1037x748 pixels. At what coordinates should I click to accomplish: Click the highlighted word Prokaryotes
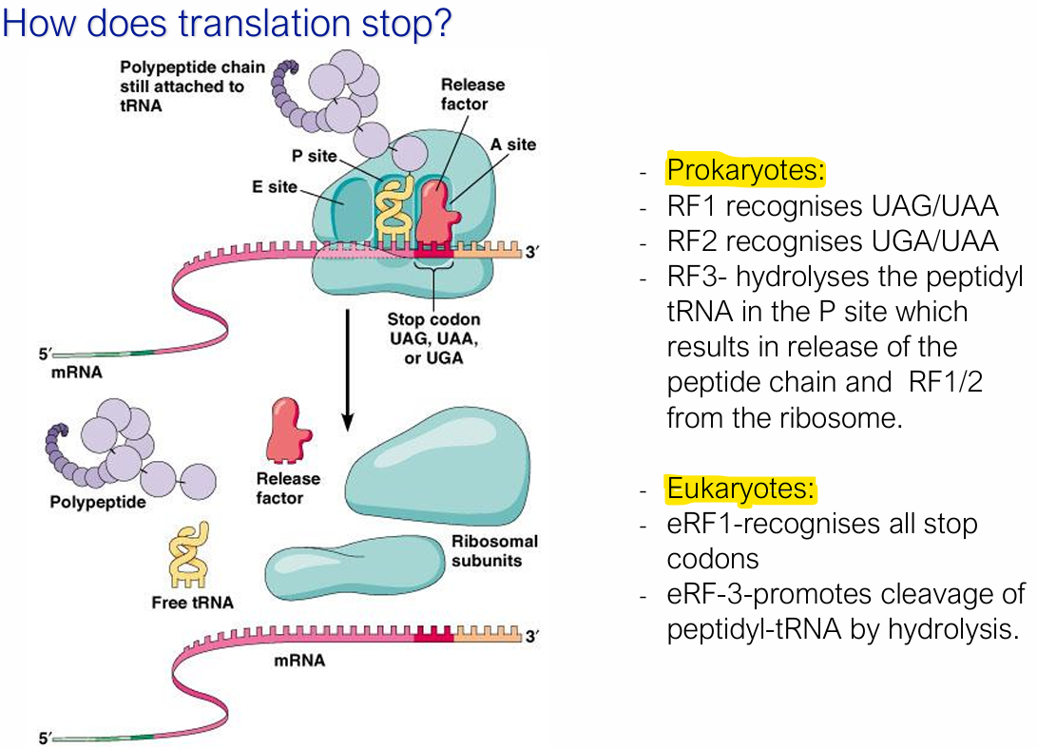click(745, 171)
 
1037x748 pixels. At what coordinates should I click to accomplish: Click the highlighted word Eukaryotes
click(740, 489)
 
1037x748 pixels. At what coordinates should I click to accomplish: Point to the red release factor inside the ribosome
click(434, 212)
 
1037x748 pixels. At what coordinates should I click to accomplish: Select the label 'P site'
click(315, 156)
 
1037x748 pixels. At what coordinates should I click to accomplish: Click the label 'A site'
click(513, 144)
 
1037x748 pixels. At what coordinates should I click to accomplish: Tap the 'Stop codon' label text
click(433, 319)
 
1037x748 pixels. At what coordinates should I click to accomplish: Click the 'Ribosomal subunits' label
click(494, 550)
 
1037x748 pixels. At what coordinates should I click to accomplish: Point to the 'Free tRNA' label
click(192, 603)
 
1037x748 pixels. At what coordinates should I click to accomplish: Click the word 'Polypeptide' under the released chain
click(98, 502)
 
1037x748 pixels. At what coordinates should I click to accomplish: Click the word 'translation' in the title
click(222, 22)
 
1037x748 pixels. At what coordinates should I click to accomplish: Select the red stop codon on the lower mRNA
click(433, 637)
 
